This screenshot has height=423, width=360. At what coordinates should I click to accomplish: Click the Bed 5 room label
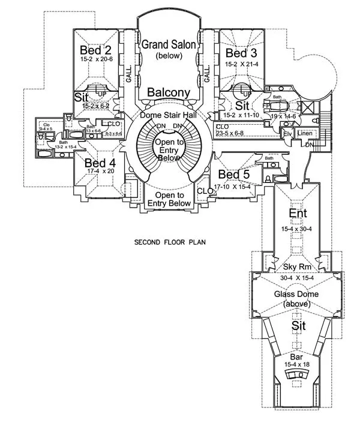coord(233,174)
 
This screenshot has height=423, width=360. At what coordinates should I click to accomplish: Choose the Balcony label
coord(169,93)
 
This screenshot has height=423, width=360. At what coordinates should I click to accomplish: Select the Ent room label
coord(298,214)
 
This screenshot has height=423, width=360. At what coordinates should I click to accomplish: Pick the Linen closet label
coord(305,133)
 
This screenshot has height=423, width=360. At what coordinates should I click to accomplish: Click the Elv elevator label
coord(288,133)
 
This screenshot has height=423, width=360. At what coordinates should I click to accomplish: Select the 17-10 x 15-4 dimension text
coord(234,185)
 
